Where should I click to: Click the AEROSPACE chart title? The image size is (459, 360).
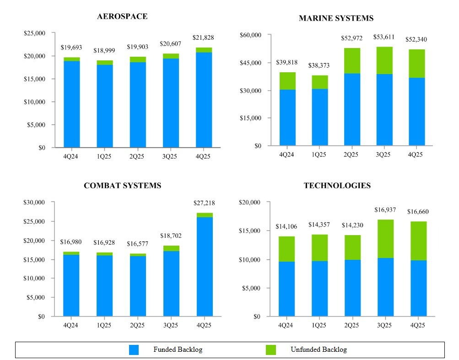pyautogui.click(x=122, y=16)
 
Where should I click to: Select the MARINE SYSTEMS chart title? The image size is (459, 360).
pyautogui.click(x=336, y=18)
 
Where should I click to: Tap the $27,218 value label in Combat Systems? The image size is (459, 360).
pyautogui.click(x=204, y=203)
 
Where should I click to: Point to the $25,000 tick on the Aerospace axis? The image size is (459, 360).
pyautogui.click(x=34, y=33)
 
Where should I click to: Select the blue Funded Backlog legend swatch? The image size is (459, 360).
pyautogui.click(x=134, y=350)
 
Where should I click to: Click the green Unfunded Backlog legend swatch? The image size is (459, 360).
pyautogui.click(x=271, y=350)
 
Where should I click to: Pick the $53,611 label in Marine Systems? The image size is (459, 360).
pyautogui.click(x=384, y=38)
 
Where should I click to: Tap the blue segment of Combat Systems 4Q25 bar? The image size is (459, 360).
pyautogui.click(x=204, y=266)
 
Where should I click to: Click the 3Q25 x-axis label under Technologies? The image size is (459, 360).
pyautogui.click(x=384, y=325)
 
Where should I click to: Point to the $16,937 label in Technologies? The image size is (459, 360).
pyautogui.click(x=385, y=210)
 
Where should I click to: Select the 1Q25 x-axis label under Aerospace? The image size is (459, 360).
pyautogui.click(x=104, y=156)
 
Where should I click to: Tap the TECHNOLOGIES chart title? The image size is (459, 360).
pyautogui.click(x=337, y=186)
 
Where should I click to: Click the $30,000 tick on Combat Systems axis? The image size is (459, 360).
pyautogui.click(x=34, y=202)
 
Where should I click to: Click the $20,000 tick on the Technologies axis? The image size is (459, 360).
pyautogui.click(x=250, y=202)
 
